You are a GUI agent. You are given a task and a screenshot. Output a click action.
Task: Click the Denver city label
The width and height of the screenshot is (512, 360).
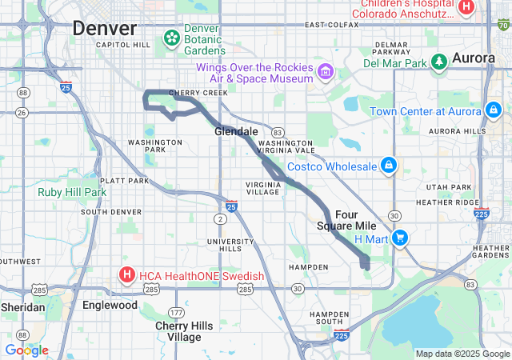(x=105, y=28)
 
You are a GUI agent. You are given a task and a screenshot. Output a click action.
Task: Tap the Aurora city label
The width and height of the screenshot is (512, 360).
(x=474, y=58)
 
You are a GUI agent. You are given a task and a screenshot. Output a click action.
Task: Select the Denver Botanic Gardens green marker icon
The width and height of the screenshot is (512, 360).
(x=171, y=38)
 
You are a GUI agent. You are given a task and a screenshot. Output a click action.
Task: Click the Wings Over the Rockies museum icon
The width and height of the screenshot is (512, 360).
(x=326, y=73)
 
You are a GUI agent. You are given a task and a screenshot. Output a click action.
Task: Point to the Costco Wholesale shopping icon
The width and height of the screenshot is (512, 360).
(x=388, y=166)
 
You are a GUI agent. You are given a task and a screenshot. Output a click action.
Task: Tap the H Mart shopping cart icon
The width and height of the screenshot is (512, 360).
(x=400, y=238)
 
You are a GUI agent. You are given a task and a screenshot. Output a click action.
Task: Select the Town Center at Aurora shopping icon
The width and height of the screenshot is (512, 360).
(x=494, y=110)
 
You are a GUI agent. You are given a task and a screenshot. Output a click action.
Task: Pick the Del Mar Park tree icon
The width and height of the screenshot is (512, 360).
(x=438, y=62)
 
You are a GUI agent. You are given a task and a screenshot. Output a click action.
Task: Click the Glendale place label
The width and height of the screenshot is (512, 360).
(x=236, y=131)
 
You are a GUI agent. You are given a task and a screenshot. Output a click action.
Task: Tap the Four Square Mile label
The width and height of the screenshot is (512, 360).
(x=346, y=220)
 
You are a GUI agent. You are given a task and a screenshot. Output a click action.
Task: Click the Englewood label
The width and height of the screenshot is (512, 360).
(x=110, y=305)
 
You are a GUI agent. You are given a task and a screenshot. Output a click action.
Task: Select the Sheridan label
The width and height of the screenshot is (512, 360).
(x=22, y=307)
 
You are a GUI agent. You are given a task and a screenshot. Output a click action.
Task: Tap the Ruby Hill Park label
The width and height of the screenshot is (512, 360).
(x=72, y=192)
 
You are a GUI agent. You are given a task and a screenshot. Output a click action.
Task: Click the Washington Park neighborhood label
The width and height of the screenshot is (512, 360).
(x=146, y=146)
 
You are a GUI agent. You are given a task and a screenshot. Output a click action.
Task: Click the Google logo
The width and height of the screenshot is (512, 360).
(x=26, y=350)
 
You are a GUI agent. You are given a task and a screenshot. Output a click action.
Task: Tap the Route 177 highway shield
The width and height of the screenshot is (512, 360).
(x=176, y=311)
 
